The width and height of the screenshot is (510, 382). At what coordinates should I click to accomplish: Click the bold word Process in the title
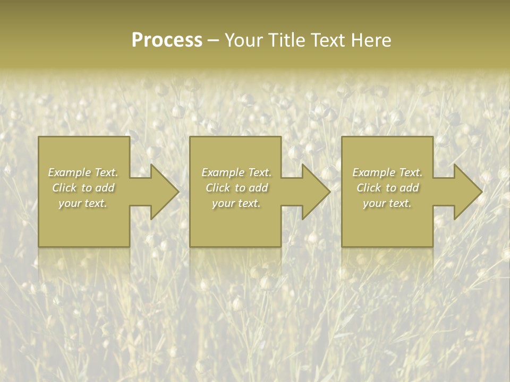click(167, 40)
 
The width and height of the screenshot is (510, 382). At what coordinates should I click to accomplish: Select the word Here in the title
click(370, 40)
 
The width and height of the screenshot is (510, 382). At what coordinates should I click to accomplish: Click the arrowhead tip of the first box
click(177, 192)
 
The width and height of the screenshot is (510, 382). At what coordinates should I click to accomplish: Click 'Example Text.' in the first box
click(83, 172)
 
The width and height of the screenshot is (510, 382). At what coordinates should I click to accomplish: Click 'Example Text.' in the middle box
click(236, 172)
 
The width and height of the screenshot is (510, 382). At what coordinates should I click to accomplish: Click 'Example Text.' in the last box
click(387, 172)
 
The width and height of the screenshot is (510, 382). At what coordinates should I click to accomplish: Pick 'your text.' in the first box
click(83, 203)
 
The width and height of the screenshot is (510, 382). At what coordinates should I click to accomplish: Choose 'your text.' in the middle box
click(236, 203)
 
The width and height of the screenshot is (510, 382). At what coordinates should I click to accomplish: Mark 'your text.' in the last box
click(387, 203)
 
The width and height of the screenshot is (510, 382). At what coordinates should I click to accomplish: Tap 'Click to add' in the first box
click(83, 188)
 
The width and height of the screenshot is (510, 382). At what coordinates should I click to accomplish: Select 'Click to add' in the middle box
click(236, 188)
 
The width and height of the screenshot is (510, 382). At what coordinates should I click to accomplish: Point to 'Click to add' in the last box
click(387, 188)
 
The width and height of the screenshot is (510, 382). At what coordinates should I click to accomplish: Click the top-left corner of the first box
click(39, 137)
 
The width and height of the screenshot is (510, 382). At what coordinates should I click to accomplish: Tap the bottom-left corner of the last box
click(343, 246)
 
